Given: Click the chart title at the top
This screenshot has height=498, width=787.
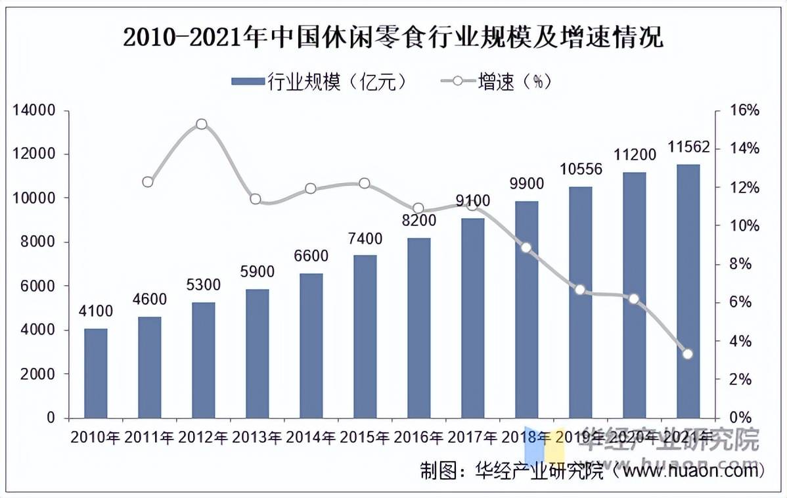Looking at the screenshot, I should tap(393, 37).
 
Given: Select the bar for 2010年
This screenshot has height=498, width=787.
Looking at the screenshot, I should tap(96, 373).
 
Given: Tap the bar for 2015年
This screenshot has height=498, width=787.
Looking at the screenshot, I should tap(365, 336).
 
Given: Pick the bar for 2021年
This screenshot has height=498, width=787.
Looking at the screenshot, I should tap(688, 291).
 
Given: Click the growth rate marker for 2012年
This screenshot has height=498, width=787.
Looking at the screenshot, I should tap(202, 124).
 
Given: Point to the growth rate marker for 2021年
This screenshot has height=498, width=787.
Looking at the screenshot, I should tap(688, 354).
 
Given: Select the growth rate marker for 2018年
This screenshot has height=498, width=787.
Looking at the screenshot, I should tap(526, 248).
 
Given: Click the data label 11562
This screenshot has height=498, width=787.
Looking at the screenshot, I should tap(688, 148).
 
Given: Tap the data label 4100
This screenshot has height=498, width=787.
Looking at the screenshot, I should tap(96, 311).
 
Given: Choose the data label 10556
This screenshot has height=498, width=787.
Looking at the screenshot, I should tap(581, 170).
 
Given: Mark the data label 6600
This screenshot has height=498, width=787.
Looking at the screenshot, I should tap(311, 256).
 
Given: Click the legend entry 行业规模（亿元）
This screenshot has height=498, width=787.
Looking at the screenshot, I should tap(322, 81).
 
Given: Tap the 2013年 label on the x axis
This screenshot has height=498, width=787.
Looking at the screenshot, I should tap(257, 437).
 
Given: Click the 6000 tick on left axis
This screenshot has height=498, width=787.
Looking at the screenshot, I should tap(38, 286).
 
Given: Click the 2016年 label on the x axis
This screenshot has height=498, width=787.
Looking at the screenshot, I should tap(418, 437).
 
